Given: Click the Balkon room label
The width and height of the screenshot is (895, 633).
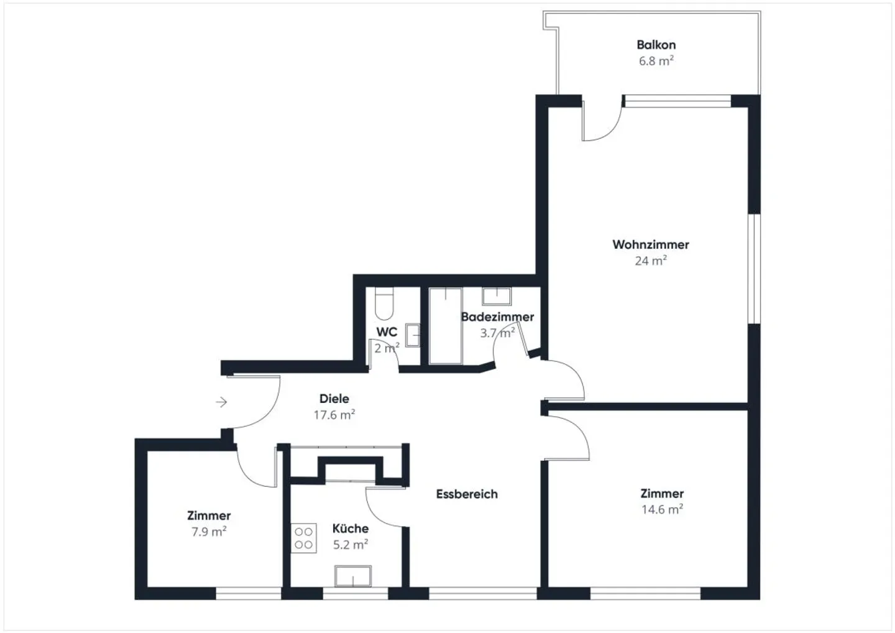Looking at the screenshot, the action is (x=656, y=45).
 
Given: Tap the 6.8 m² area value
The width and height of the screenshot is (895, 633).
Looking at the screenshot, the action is (x=656, y=61).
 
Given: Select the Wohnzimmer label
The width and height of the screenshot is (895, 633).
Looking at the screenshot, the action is (x=651, y=244).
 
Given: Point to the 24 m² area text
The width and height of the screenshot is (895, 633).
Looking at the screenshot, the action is (x=651, y=261).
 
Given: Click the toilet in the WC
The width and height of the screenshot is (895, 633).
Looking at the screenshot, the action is (x=384, y=303).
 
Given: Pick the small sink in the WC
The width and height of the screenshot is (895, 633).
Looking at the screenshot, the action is (x=413, y=335).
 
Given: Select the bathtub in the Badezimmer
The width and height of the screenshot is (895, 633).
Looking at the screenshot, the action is (x=446, y=326).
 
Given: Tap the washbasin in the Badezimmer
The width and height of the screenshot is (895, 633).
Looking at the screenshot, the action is (x=497, y=296).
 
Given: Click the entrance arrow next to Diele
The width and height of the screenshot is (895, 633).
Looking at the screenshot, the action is (x=221, y=402).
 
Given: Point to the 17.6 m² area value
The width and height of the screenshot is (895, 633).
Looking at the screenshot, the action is (x=334, y=415).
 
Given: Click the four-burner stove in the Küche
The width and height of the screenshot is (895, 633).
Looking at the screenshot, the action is (x=304, y=538).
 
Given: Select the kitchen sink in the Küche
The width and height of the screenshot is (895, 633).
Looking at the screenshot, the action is (x=353, y=576).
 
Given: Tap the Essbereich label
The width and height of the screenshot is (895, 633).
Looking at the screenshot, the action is (x=467, y=494).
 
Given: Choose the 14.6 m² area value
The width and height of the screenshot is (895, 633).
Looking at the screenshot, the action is (x=662, y=509).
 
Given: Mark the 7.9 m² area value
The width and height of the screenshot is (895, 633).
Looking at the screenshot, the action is (x=209, y=532).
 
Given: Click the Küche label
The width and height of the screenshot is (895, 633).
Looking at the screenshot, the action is (x=351, y=529).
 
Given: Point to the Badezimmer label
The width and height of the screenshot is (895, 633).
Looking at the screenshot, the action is (x=497, y=317).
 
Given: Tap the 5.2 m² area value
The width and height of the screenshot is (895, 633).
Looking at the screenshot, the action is (x=351, y=544).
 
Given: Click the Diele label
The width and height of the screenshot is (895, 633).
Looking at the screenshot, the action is (x=334, y=399).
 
